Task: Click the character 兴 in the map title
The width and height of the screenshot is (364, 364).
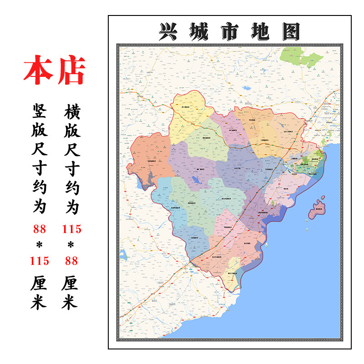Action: pyautogui.click(x=170, y=32)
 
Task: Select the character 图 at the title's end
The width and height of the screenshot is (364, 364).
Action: pyautogui.click(x=290, y=32)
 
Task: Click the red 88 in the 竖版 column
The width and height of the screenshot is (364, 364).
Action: pyautogui.click(x=39, y=229)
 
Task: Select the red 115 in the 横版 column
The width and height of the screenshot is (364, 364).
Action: pyautogui.click(x=72, y=229)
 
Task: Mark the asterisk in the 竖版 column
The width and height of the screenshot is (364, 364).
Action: pyautogui.click(x=39, y=245)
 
